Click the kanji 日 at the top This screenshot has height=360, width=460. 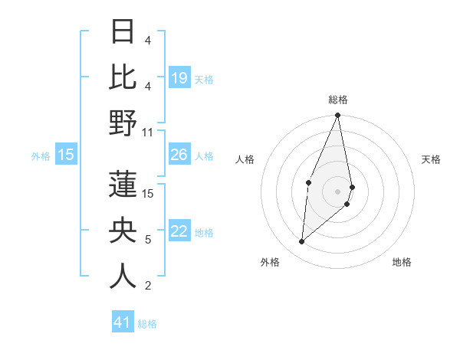123,33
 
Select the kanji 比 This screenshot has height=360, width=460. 123,77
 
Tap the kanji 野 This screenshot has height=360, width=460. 123,123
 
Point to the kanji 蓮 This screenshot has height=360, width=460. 123,185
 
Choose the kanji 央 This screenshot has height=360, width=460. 123,231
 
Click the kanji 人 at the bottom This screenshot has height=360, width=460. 123,277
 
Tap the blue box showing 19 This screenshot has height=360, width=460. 179,78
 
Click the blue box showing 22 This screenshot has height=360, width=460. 179,232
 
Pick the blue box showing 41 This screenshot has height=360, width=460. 123,322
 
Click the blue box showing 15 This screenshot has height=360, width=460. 66,155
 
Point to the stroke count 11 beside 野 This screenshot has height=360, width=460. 147,132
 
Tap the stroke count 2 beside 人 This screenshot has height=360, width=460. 147,286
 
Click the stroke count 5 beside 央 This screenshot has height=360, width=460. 147,240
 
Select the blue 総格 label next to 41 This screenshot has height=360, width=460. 147,324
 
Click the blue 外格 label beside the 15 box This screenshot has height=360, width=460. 41,156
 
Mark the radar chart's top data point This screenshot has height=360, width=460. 337,116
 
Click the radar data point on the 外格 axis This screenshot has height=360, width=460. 302,242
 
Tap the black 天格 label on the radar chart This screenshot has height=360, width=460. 431,159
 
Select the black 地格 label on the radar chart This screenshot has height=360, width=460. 402,262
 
